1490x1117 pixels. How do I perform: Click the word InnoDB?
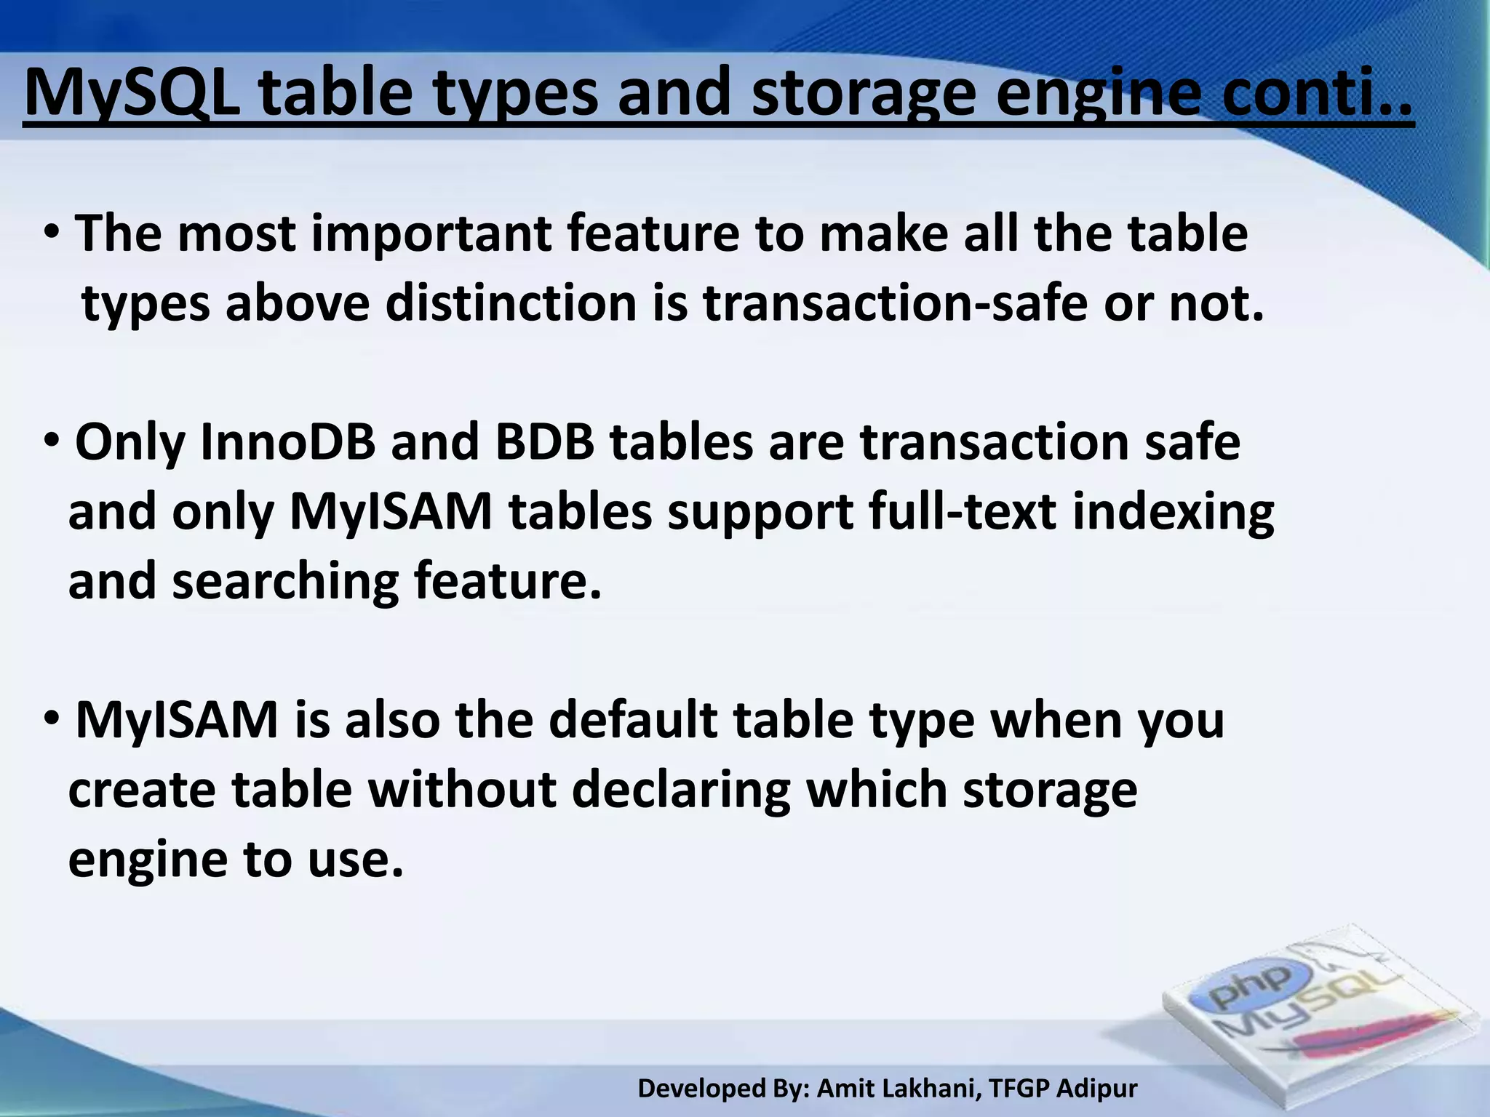click(x=287, y=442)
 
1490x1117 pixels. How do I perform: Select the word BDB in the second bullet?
click(x=544, y=442)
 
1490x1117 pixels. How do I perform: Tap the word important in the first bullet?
click(x=431, y=234)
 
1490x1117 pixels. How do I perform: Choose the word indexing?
click(x=1173, y=512)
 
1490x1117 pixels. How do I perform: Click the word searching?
click(x=284, y=582)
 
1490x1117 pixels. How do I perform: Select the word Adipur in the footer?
click(x=1096, y=1089)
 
